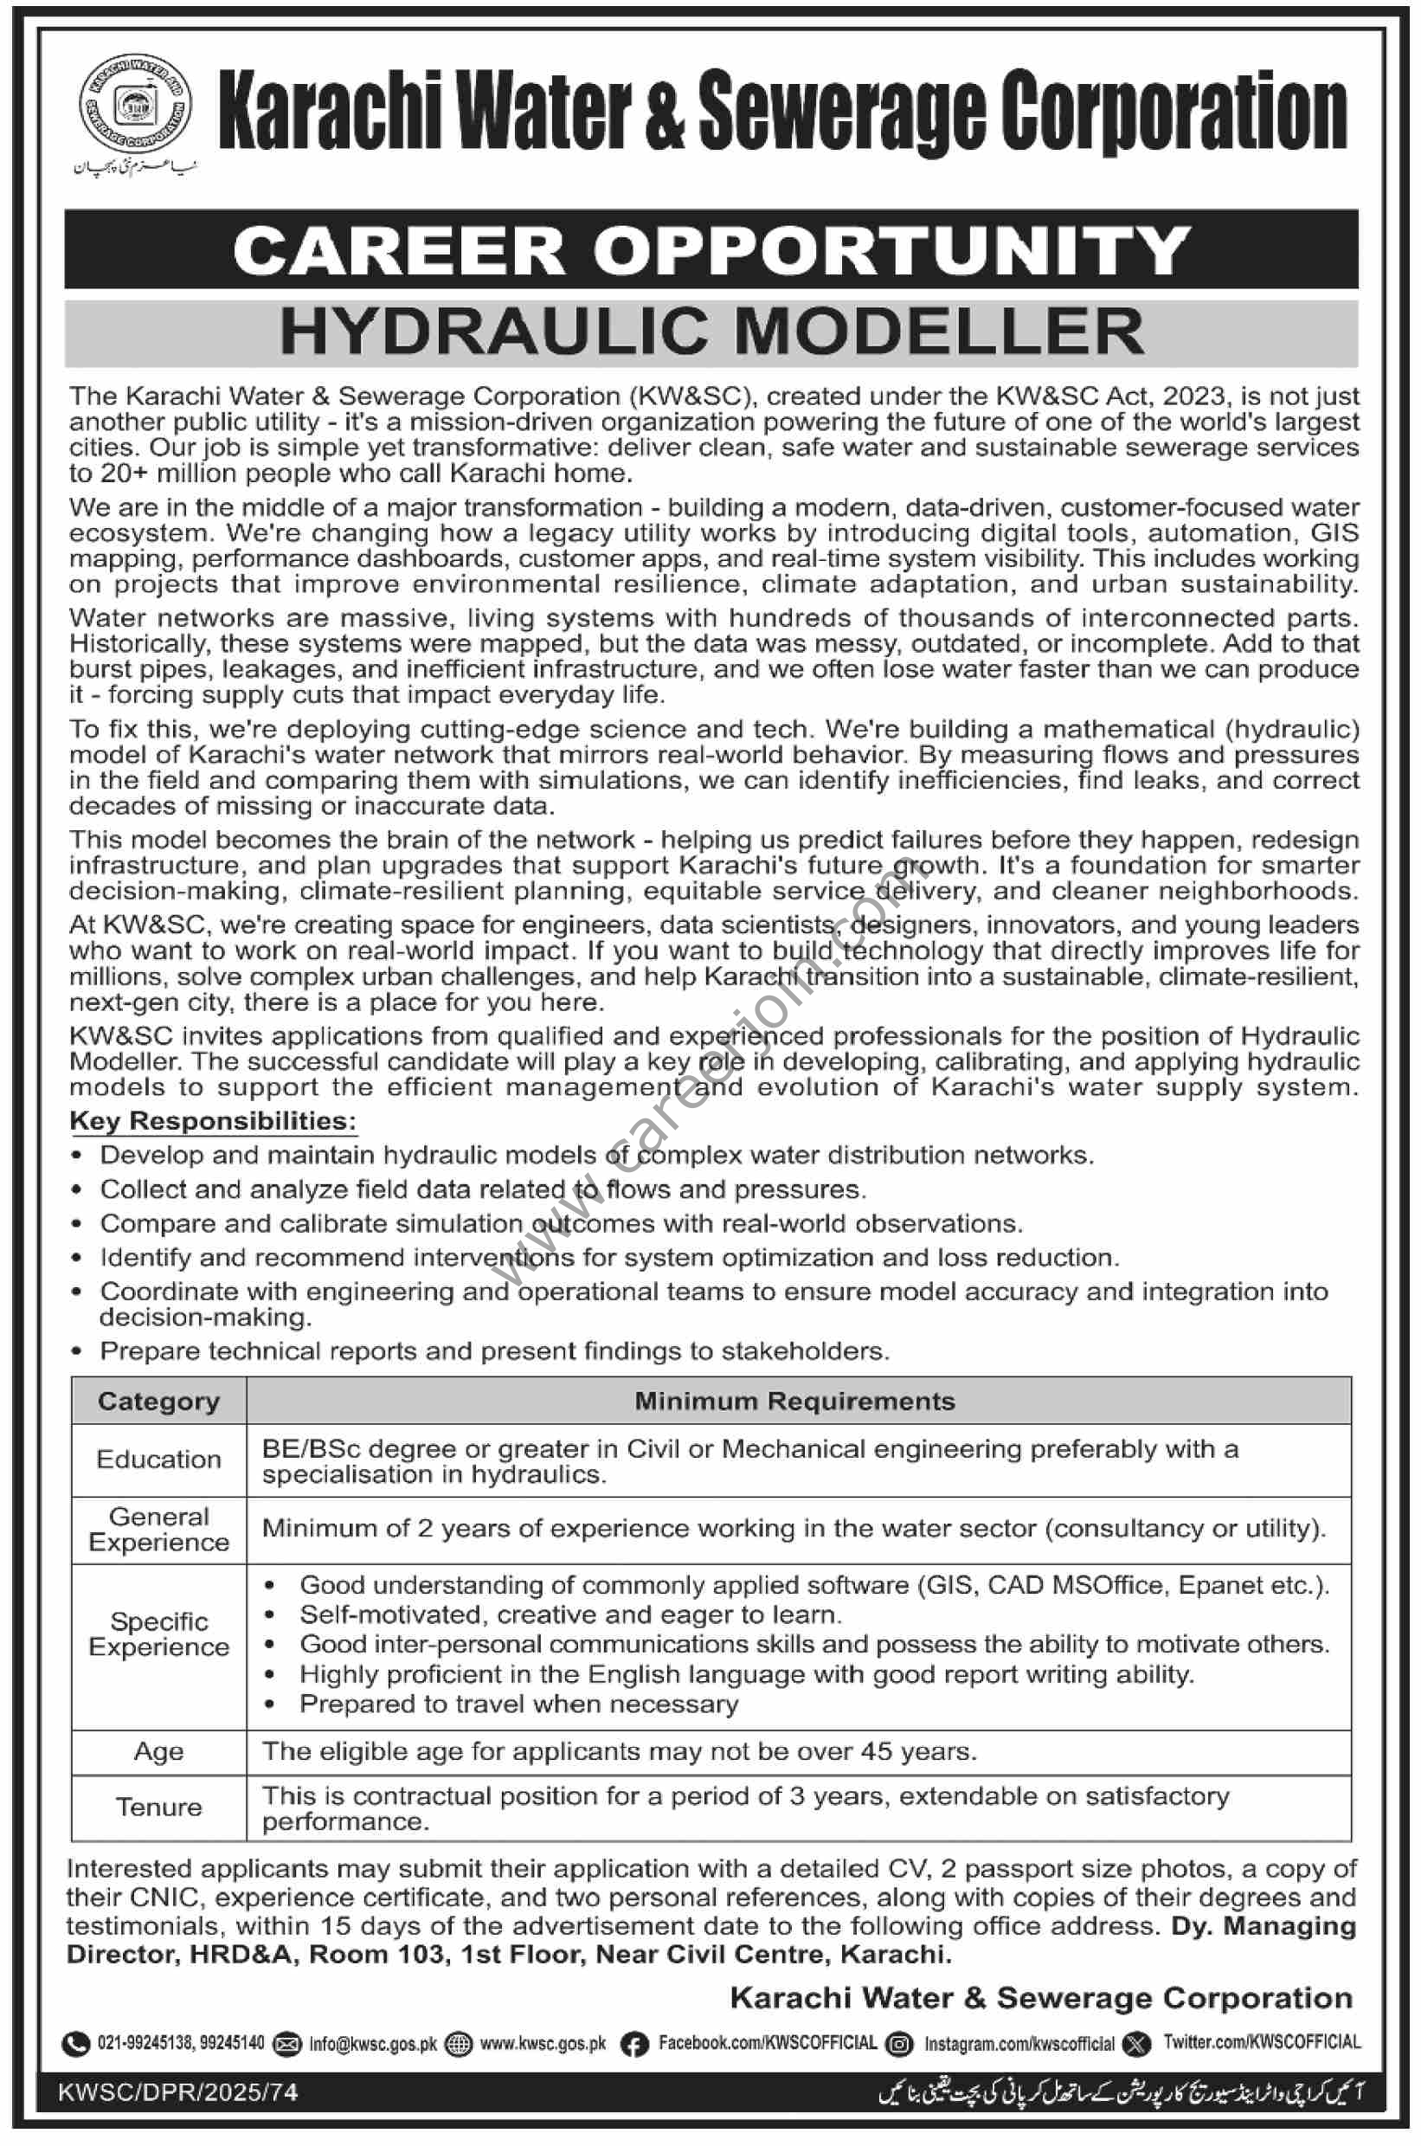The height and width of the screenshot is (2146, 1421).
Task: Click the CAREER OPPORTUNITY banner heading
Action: (x=710, y=250)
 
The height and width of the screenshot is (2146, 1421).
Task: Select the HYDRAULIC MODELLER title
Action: (x=710, y=331)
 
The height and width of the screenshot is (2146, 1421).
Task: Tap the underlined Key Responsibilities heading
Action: (x=213, y=1121)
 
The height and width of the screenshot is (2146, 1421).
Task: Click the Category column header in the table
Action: (x=158, y=1401)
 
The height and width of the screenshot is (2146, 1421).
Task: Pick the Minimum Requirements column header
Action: (x=794, y=1401)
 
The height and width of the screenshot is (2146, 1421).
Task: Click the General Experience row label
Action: (x=158, y=1530)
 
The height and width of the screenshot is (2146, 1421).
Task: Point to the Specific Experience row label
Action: (x=158, y=1634)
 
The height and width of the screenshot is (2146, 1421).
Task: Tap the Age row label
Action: (x=158, y=1752)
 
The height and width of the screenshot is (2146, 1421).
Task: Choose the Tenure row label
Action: (x=158, y=1807)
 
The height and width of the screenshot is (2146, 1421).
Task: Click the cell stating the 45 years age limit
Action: (x=619, y=1751)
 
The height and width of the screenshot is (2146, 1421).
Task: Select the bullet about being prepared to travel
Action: (x=518, y=1705)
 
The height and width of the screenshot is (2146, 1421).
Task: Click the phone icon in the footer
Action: (x=75, y=2044)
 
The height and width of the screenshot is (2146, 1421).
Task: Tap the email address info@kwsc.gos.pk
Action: (x=372, y=2044)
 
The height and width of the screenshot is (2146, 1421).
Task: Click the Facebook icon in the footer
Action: (x=633, y=2044)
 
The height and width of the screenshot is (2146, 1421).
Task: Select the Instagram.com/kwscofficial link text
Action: (x=1019, y=2044)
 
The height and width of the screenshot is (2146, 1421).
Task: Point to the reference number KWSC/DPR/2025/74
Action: (x=177, y=2091)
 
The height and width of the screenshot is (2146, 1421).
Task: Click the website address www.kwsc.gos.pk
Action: (x=543, y=2044)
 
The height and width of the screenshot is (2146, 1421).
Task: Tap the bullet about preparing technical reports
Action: (x=494, y=1351)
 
